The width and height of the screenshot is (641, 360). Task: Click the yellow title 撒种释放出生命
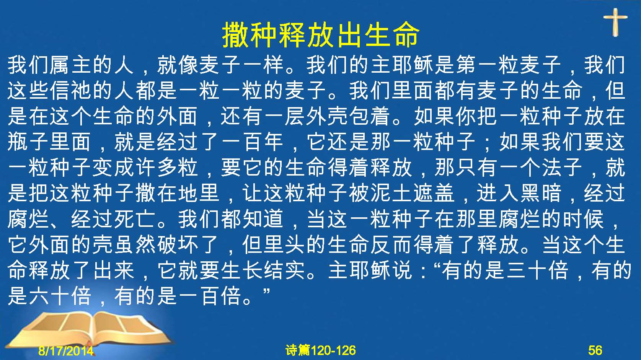coord(321,35)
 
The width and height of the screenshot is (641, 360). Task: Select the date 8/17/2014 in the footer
coord(66,350)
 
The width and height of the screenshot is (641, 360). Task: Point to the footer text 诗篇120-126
coord(321,350)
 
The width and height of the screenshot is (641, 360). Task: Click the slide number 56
coord(595,350)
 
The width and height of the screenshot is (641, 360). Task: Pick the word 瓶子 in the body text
coord(29,142)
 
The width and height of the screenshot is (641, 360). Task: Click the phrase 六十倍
coord(60,296)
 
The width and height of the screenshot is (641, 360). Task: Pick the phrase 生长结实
coord(263,270)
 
